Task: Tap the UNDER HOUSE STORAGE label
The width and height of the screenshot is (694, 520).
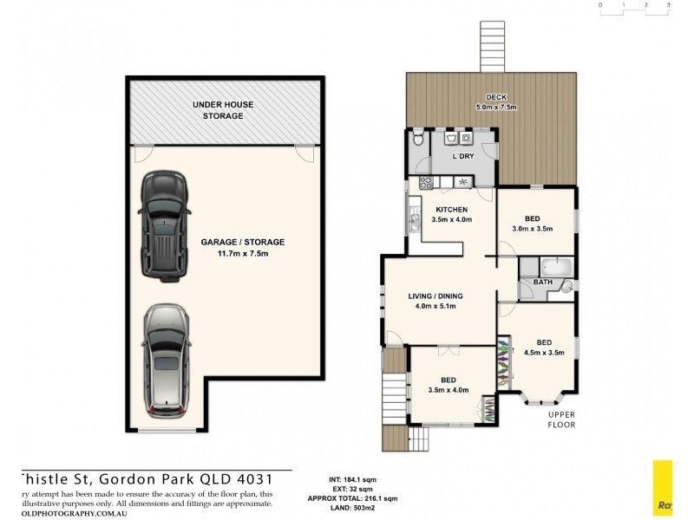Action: point(223,109)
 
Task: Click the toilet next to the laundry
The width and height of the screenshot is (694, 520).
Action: point(418,140)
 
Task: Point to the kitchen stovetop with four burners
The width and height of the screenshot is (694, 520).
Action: point(427,181)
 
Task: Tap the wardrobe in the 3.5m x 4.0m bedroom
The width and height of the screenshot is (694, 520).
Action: point(487,410)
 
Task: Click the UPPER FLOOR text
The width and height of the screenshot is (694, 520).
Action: point(561,420)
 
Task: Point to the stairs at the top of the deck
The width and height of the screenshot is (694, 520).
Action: point(492,44)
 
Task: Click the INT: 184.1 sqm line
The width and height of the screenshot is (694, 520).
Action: point(354,479)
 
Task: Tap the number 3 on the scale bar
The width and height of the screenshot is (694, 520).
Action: point(668,4)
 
